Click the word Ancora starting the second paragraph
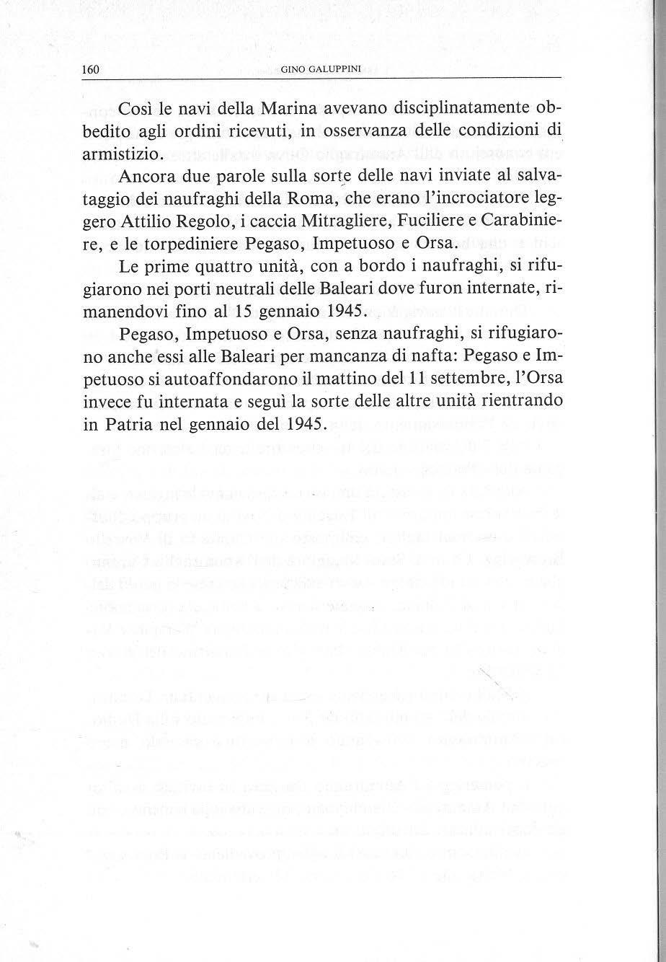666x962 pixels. [151, 177]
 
